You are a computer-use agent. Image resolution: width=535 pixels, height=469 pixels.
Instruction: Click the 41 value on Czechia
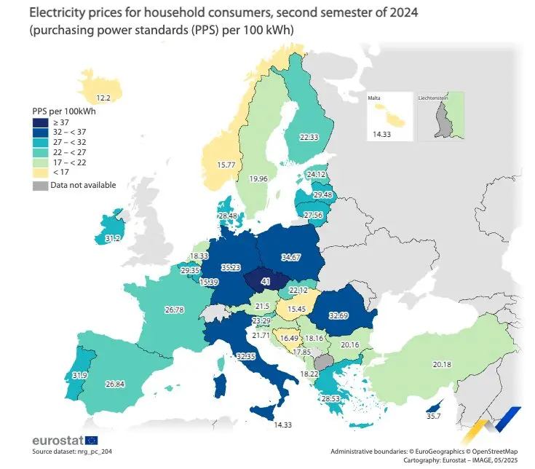pos(265,280)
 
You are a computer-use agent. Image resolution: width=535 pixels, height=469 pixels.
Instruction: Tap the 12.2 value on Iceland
pos(104,97)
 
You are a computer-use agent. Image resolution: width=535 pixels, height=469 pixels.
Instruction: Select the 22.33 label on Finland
pos(309,138)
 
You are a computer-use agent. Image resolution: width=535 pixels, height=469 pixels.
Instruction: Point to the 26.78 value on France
pos(174,310)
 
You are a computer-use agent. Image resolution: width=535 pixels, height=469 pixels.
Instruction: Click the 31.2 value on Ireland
pos(113,238)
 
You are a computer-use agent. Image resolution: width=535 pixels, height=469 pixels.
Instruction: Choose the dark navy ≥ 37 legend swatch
pos(40,123)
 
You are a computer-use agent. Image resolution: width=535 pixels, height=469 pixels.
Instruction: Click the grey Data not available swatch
pos(40,185)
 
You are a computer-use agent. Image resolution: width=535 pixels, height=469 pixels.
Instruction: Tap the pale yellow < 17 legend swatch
pos(40,172)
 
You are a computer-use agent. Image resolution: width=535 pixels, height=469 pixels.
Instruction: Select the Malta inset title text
pos(379,97)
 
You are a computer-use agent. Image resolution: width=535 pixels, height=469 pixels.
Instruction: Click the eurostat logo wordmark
pos(58,441)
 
